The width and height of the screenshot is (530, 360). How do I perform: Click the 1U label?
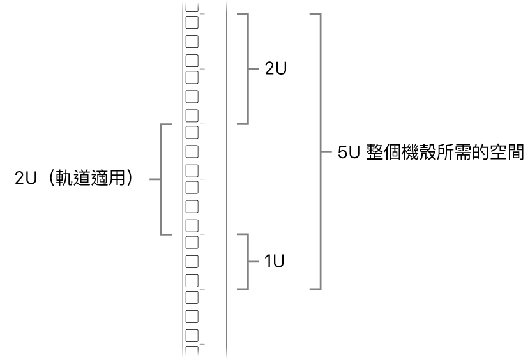pos(274,261)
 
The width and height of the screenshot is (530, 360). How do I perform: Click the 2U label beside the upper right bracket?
pos(276,69)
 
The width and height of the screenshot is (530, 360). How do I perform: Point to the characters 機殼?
pos(419,152)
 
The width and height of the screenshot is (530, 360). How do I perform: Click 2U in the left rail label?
pos(26,178)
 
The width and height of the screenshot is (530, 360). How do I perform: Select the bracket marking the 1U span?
pos(248,261)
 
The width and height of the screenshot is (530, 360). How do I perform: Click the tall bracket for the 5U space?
pos(320,152)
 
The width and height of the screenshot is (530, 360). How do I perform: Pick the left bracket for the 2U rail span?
pos(160,179)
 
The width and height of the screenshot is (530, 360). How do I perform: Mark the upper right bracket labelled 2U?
pos(248,69)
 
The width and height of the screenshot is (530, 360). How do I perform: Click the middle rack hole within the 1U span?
pos(192,262)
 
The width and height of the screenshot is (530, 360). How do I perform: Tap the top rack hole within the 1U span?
pos(192,243)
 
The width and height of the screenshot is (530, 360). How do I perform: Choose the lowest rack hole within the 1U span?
pos(192,281)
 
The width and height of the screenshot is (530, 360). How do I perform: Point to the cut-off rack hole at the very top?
pos(192,7)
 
